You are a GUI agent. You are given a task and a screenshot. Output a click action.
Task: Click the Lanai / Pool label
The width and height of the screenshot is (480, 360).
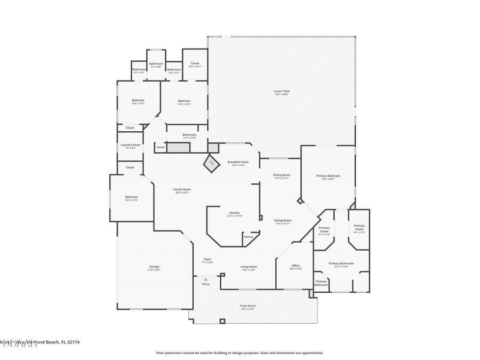click(281, 92)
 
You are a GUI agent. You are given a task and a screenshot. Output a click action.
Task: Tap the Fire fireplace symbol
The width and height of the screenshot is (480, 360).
click(211, 162)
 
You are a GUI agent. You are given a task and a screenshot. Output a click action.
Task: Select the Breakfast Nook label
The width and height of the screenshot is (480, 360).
click(237, 162)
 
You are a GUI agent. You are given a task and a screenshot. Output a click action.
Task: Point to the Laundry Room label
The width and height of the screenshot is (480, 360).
click(130, 145)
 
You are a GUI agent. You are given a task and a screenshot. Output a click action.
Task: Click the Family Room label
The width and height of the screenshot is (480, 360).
click(182, 189)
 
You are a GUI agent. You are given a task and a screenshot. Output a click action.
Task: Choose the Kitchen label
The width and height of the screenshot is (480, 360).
click(235, 212)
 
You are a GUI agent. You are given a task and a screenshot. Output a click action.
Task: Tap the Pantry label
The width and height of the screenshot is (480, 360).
click(249, 236)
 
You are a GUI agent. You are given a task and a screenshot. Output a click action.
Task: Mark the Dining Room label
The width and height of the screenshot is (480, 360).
click(282, 175)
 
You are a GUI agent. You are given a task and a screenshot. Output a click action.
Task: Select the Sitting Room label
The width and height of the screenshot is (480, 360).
click(283, 220)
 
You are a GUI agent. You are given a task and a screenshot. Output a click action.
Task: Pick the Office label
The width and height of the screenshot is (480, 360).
click(295, 266)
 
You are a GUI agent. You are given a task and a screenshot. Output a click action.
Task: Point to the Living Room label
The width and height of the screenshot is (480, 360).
click(249, 267)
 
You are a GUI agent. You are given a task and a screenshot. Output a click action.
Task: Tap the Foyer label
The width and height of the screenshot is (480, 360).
click(207, 259)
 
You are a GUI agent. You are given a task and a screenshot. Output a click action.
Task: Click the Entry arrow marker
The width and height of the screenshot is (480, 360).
click(206, 279)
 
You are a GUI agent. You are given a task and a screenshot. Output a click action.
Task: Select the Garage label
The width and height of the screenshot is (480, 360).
click(154, 267)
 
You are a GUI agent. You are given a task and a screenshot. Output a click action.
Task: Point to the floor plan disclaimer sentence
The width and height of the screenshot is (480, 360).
click(239, 353)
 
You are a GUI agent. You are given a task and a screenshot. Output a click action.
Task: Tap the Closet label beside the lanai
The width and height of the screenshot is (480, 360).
click(195, 63)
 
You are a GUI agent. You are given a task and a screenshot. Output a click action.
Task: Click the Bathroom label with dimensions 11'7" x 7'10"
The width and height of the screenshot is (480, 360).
click(189, 135)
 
